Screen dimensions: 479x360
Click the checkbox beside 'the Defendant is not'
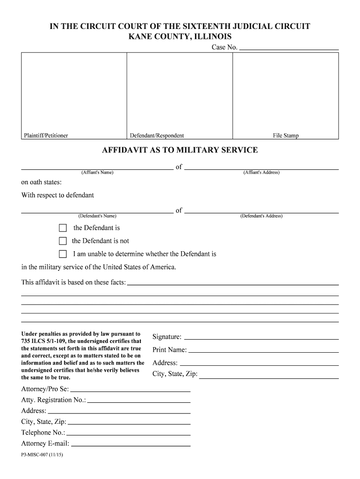(63, 241)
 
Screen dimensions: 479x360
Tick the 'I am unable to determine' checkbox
(63, 254)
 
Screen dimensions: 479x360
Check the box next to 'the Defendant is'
(63, 228)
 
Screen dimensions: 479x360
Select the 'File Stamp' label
(286, 136)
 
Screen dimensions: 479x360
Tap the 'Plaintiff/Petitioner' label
(46, 136)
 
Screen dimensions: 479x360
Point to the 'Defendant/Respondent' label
(157, 136)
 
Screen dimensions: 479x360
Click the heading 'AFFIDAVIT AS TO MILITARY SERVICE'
(180, 150)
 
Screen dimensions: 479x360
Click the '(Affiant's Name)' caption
(97, 173)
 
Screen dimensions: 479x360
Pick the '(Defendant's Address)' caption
(261, 216)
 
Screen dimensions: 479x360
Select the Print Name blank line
(263, 350)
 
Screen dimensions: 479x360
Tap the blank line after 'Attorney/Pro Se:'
(130, 390)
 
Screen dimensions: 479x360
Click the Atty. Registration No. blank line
(139, 400)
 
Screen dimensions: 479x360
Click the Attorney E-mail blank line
(130, 444)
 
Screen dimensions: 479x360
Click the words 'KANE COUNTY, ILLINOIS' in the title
(180, 36)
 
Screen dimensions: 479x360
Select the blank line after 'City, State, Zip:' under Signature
(269, 375)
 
